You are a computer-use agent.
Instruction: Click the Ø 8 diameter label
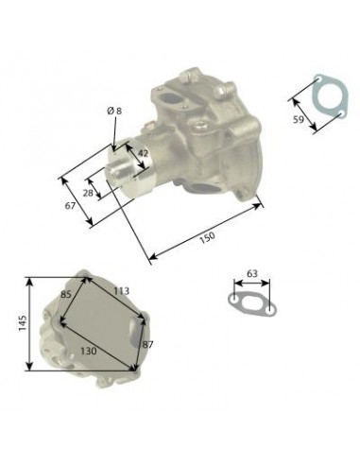(114, 111)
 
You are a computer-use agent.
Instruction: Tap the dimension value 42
(143, 153)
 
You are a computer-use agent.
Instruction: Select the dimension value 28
(88, 193)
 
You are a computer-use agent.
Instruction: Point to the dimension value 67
(70, 206)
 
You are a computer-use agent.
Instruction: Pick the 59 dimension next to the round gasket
(299, 120)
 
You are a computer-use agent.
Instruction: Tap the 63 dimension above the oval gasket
(252, 273)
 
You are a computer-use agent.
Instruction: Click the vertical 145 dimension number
(23, 323)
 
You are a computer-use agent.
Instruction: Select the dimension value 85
(66, 295)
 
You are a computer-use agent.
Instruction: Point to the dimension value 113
(121, 291)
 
